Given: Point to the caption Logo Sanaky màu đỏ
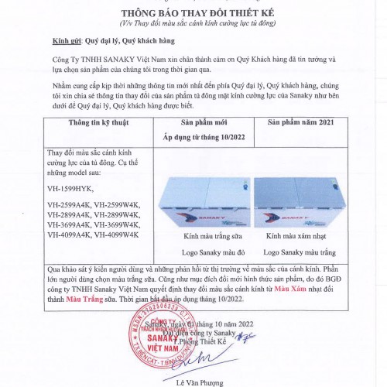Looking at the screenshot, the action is pos(204,252).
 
